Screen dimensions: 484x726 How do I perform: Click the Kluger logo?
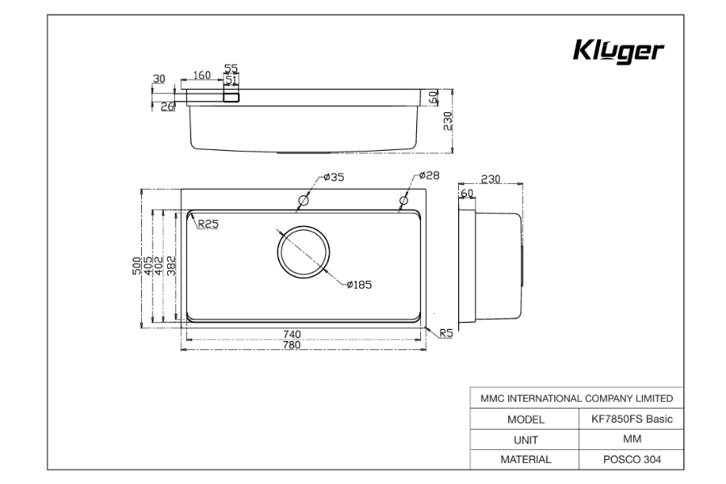pyautogui.click(x=619, y=52)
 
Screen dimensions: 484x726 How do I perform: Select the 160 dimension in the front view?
pyautogui.click(x=202, y=75)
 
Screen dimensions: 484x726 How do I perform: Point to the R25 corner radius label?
pyautogui.click(x=208, y=224)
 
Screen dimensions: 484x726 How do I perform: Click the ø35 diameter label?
pyautogui.click(x=333, y=177)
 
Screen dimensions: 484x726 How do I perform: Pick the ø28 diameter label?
pyautogui.click(x=428, y=175)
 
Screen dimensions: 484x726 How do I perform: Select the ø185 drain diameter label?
pyautogui.click(x=359, y=284)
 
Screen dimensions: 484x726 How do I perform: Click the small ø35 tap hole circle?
pyautogui.click(x=303, y=200)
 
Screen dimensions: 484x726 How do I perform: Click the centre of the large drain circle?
pyautogui.click(x=303, y=252)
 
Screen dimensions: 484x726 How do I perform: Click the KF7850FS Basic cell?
pyautogui.click(x=632, y=419)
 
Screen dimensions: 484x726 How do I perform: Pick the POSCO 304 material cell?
pyautogui.click(x=632, y=460)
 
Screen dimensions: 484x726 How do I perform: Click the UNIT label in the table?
pyautogui.click(x=525, y=440)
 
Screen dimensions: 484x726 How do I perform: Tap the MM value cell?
pyautogui.click(x=632, y=440)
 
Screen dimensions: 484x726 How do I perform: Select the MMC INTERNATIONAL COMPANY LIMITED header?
pyautogui.click(x=577, y=398)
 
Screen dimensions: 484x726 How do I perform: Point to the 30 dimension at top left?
pyautogui.click(x=159, y=78)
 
